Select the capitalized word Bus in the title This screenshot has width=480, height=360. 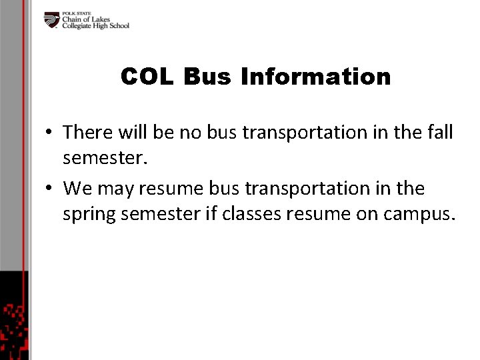coord(207,77)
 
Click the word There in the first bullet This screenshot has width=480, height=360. coord(88,132)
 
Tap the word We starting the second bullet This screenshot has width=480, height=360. coord(78,189)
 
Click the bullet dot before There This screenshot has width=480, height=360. coord(51,133)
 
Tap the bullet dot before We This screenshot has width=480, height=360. coord(51,189)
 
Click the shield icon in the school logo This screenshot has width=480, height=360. coord(52,20)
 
